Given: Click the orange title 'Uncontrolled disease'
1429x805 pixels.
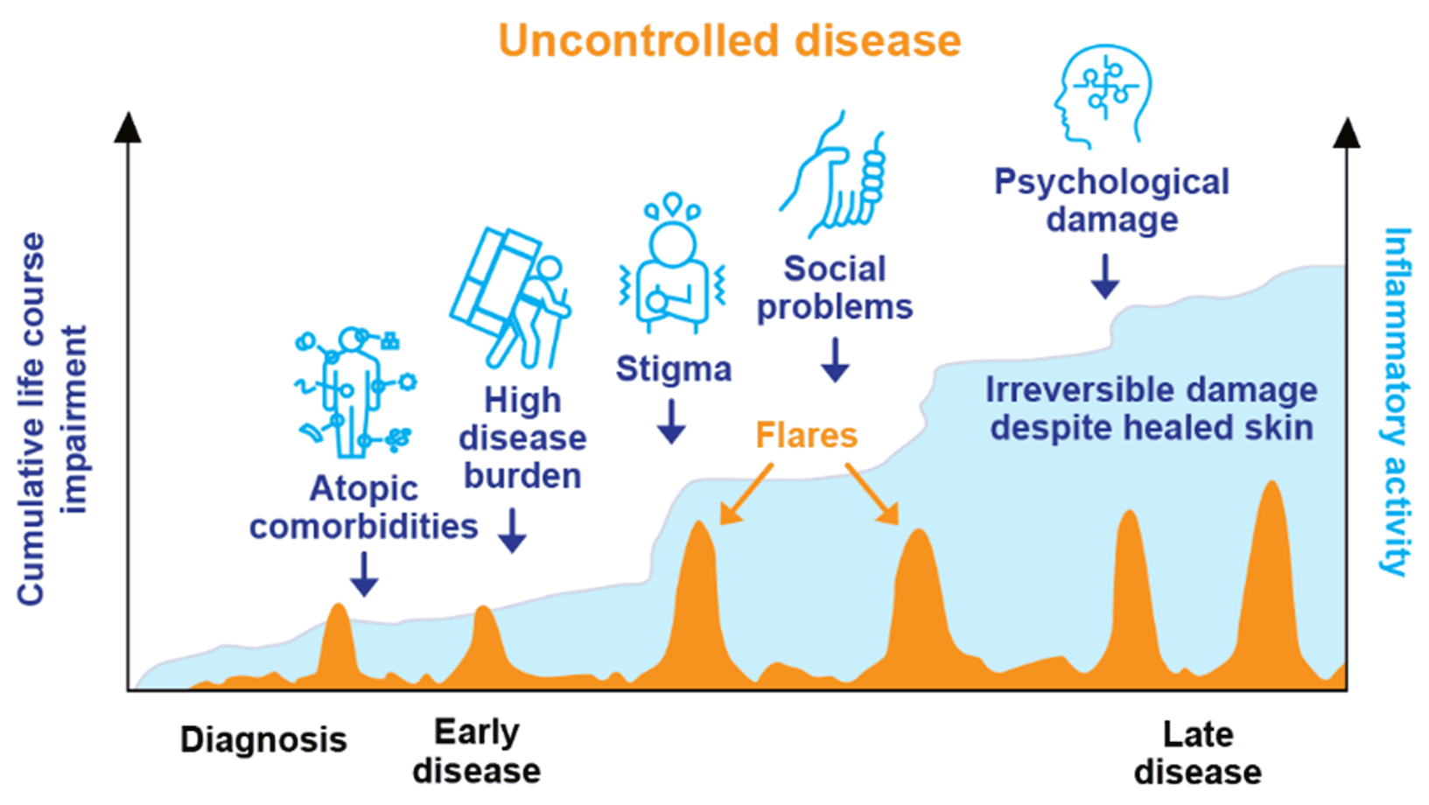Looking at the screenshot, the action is coord(729,40).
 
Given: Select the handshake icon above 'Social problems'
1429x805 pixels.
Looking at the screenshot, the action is coord(832,174).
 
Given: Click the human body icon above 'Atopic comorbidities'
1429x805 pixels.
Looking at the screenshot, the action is coord(354,393).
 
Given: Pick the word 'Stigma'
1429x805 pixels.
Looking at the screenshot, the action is coord(674,368).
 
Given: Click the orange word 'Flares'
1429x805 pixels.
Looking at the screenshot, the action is coord(806,436).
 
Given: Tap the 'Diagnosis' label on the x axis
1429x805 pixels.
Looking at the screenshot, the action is coord(263,740).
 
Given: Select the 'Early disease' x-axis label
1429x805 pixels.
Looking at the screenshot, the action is coord(477,752).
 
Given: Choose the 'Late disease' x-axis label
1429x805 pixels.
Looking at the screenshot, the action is coord(1197,753).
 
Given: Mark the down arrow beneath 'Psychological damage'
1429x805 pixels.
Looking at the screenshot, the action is coord(1105,276).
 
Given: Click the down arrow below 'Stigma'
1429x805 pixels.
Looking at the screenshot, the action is coord(671,422).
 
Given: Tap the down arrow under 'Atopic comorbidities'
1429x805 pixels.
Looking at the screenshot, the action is coord(364,574).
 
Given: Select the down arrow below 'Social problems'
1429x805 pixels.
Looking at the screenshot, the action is coord(835,360).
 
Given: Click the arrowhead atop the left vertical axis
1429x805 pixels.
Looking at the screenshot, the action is coord(128,128).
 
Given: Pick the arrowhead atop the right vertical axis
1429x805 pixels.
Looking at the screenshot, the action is coord(1347,133).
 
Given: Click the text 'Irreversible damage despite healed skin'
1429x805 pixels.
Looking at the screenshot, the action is coord(1152,409).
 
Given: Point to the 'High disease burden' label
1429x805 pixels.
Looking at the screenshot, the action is coord(522,438).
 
